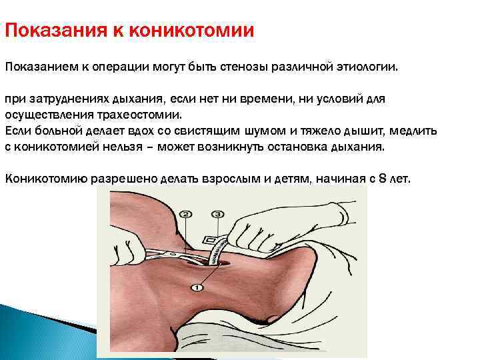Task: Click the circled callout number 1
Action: [x=197, y=287]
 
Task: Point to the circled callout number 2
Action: [x=187, y=214]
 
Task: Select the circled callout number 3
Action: [x=217, y=214]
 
